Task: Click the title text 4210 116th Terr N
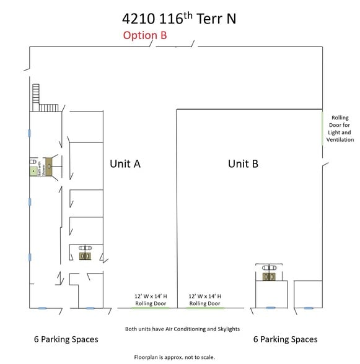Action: coord(180,18)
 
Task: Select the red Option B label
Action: coord(144,35)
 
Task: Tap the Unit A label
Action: coord(125,163)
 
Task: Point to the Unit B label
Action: coord(243,163)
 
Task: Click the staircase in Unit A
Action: coord(44,99)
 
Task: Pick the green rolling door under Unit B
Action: coord(204,308)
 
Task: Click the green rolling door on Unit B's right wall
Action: coord(322,128)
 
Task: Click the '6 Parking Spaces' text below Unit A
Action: coord(66,339)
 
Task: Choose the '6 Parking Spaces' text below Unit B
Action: coord(286,339)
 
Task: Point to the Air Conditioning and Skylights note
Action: coord(182,329)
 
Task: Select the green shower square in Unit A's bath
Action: coord(33,171)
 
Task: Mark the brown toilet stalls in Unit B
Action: coord(269,277)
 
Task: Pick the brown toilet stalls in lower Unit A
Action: coord(85,255)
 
